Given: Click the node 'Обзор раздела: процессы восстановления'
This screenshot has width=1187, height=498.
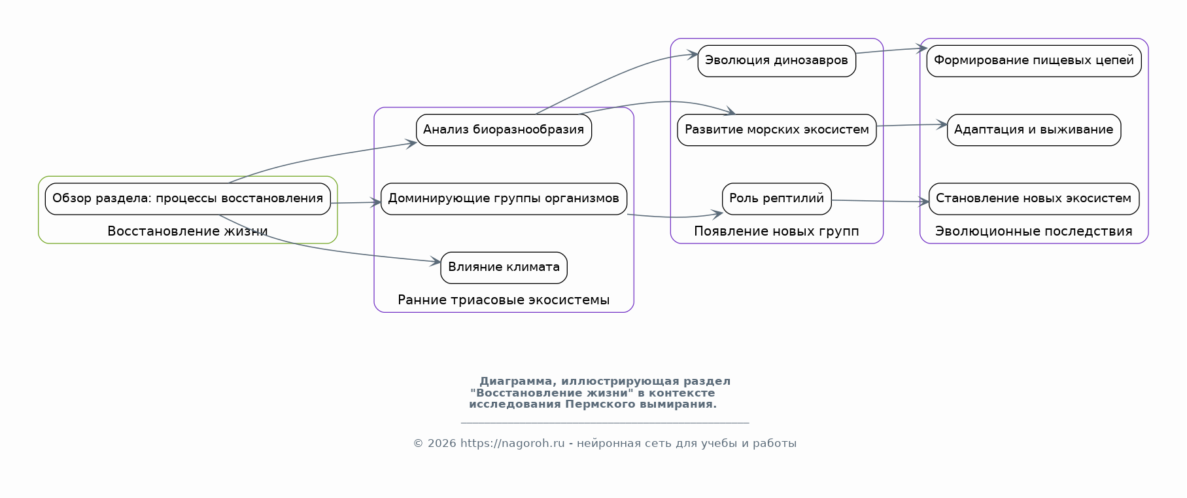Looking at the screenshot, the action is [x=188, y=199].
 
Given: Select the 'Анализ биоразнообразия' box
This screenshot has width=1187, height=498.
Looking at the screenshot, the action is [x=504, y=130].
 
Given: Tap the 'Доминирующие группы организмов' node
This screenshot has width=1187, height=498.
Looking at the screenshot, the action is [x=504, y=199].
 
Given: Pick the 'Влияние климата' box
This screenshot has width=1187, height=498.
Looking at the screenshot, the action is [x=504, y=268].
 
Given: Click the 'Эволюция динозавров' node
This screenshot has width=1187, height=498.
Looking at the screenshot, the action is [x=776, y=61].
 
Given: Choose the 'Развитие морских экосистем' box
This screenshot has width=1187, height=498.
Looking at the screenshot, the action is [x=776, y=130].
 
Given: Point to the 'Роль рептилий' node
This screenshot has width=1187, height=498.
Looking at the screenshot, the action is [x=776, y=199].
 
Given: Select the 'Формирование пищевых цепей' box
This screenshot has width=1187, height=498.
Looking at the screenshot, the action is [x=1033, y=61].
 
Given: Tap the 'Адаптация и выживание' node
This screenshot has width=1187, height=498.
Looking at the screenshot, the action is [x=1033, y=130].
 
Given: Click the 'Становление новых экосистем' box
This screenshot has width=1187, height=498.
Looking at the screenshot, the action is [x=1033, y=199].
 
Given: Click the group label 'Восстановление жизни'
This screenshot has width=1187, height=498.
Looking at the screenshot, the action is [x=188, y=231].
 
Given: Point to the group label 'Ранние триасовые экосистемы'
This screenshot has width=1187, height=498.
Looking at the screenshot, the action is [x=504, y=300].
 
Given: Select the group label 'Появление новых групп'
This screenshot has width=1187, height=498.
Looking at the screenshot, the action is [x=776, y=231].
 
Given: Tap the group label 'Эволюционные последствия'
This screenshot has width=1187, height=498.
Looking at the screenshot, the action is [x=1033, y=231].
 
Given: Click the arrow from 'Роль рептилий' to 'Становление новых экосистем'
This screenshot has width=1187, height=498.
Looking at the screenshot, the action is [x=880, y=201].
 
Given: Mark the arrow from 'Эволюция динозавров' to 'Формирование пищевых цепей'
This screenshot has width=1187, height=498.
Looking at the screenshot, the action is [x=891, y=50].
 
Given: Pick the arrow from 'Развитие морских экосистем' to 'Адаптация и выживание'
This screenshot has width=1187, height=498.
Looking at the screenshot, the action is [x=912, y=125].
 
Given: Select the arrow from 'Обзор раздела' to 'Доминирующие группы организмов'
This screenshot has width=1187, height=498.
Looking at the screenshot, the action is [x=356, y=203].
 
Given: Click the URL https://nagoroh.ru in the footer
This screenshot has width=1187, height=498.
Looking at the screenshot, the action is [x=512, y=444].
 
